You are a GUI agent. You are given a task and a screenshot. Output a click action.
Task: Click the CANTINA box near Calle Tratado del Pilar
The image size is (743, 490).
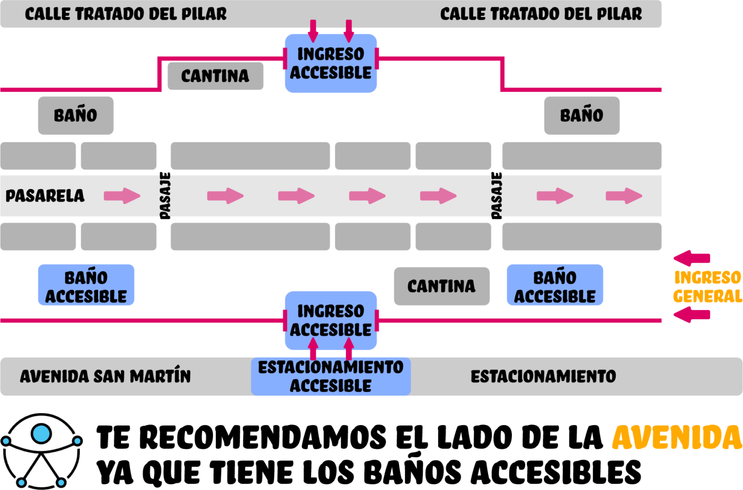pos(215,76)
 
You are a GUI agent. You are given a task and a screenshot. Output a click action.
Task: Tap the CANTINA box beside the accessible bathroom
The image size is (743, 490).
pos(441,286)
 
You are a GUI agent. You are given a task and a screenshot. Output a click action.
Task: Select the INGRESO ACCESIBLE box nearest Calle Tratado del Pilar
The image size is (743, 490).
pos(331,63)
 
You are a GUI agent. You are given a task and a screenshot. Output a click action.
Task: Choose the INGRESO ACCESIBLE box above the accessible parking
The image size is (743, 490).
pos(331,320)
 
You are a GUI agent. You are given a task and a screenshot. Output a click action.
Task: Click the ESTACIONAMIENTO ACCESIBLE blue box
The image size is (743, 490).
pos(331,376)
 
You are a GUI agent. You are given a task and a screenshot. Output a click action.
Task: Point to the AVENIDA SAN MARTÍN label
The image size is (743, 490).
pos(105,376)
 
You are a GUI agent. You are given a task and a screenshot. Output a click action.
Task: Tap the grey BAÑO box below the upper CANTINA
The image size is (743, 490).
pos(76,116)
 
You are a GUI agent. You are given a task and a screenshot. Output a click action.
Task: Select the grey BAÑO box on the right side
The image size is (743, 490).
pos(581,116)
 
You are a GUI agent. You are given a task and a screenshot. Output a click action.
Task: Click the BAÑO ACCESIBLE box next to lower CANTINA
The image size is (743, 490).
pos(555,285)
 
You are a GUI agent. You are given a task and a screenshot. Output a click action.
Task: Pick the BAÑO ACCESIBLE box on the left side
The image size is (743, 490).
pos(86,285)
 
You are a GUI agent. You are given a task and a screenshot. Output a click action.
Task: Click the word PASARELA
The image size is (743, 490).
pos(45,196)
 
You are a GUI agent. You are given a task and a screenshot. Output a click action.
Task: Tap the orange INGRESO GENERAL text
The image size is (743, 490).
pos(708,286)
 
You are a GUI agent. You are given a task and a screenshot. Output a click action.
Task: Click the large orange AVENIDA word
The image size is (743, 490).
pos(677,438)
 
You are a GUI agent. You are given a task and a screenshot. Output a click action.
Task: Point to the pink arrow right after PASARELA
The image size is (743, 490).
pos(122,196)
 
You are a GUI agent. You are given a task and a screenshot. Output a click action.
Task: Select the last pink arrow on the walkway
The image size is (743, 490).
pos(624,196)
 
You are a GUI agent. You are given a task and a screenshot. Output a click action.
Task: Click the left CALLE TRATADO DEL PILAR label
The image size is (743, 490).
pos(126,14)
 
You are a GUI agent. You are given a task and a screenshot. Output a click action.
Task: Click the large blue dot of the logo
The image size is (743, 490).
pos(41,434)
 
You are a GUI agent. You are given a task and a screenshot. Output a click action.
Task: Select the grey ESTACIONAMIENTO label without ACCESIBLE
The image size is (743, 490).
pos(543,376)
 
